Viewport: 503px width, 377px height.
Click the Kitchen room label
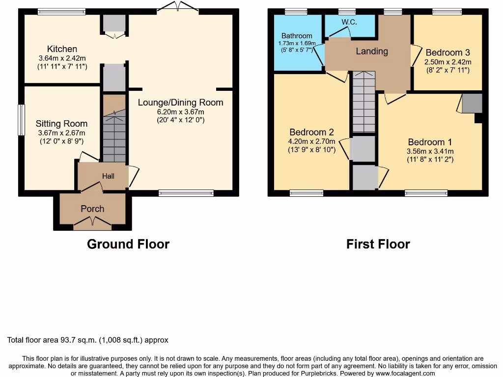[62, 49]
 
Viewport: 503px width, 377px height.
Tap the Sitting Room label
[61, 124]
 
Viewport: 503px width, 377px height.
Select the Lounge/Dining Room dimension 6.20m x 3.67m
[180, 111]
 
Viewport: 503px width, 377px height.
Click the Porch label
[92, 209]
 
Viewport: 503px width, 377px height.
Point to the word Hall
[108, 176]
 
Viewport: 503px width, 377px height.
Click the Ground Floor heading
[128, 244]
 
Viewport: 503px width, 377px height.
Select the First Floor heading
[378, 244]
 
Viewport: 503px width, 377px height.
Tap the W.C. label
[349, 22]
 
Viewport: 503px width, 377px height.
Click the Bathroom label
[297, 36]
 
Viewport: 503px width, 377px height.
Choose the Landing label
[372, 51]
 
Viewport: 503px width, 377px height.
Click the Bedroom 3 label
[447, 53]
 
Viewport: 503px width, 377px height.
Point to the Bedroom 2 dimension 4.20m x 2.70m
[312, 141]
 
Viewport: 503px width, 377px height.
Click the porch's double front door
[92, 224]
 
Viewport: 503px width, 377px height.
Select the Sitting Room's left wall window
[21, 119]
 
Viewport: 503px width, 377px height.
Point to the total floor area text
[88, 340]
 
